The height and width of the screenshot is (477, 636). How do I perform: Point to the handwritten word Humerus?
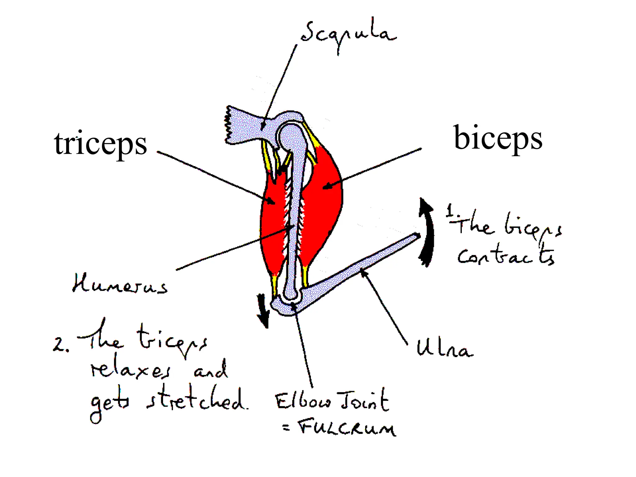click(x=120, y=284)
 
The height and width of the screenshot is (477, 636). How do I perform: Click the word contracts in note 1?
click(x=506, y=255)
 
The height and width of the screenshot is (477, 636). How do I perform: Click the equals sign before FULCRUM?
click(x=286, y=428)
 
